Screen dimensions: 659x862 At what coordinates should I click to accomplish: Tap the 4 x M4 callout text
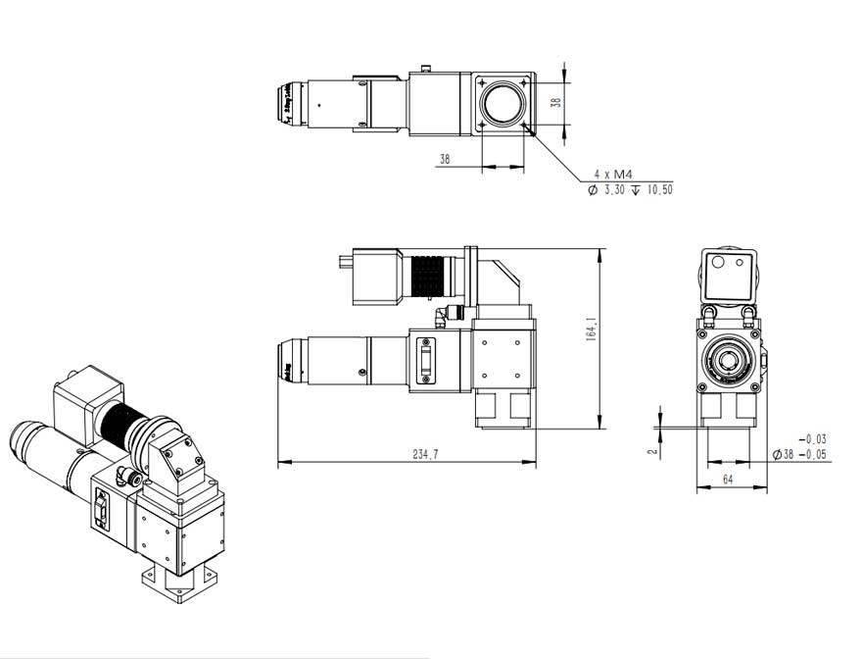(x=611, y=175)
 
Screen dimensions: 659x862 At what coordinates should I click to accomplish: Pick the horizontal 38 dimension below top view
(x=445, y=159)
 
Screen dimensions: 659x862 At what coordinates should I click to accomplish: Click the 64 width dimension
(x=728, y=479)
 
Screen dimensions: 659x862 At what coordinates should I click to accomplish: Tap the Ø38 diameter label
(x=783, y=454)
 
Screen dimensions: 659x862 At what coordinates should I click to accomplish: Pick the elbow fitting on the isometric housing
(x=124, y=476)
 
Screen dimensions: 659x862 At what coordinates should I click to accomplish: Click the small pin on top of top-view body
(x=426, y=68)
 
